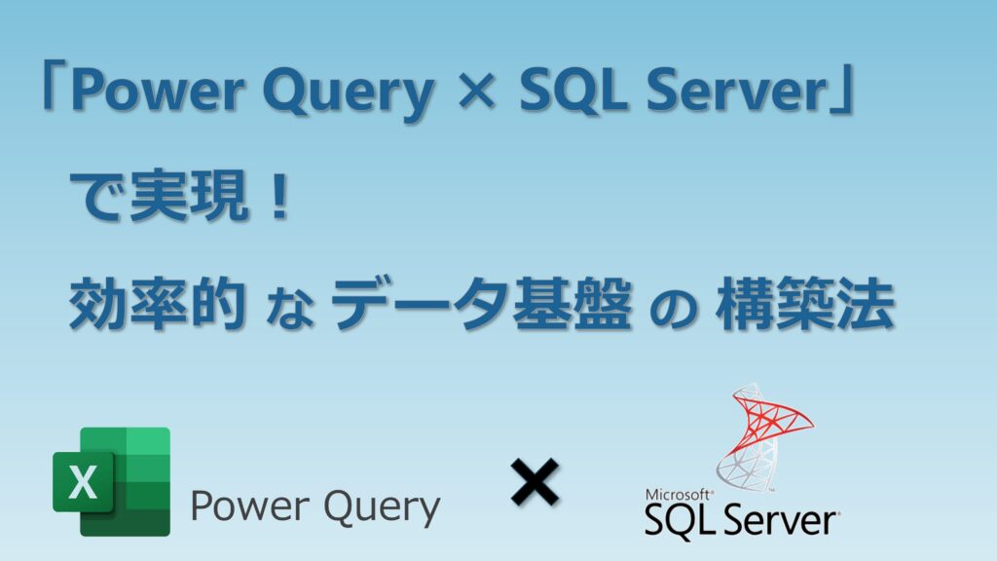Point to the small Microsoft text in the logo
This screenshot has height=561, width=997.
click(678, 494)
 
